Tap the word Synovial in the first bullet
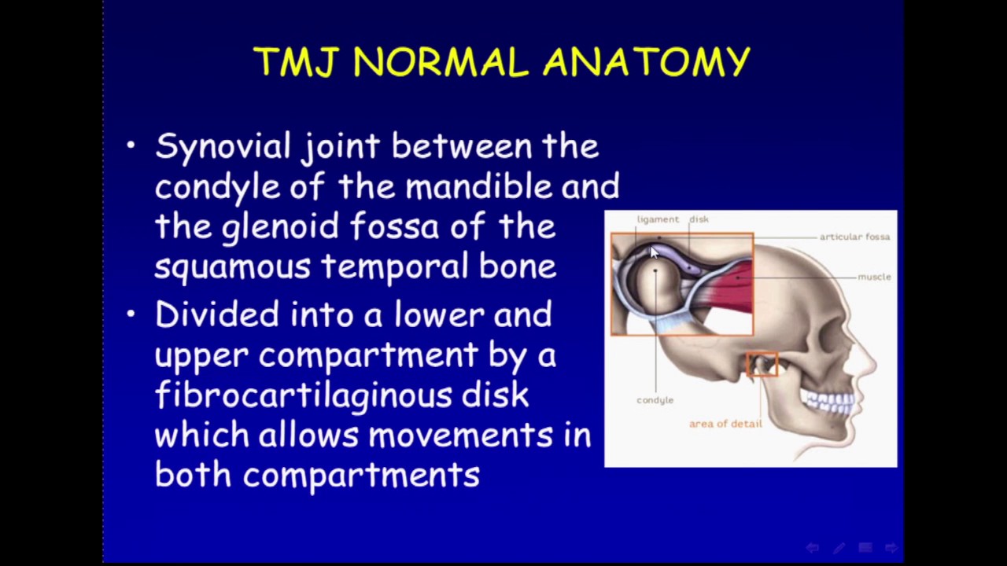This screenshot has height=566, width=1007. click(x=223, y=147)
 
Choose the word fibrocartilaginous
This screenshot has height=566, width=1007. click(x=303, y=395)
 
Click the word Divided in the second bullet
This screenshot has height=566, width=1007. click(x=216, y=314)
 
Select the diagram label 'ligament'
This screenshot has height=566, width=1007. click(x=658, y=219)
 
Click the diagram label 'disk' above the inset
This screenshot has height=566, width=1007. click(x=699, y=219)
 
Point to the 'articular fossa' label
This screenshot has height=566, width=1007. click(x=854, y=237)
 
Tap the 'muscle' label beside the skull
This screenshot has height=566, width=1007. click(x=874, y=277)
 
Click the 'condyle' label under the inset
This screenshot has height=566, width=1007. click(x=655, y=400)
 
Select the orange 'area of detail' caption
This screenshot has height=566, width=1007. click(x=725, y=424)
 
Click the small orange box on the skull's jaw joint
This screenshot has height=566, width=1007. click(x=762, y=364)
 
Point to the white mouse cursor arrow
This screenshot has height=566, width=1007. click(x=654, y=252)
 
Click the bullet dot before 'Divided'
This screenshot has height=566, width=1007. click(x=131, y=314)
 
